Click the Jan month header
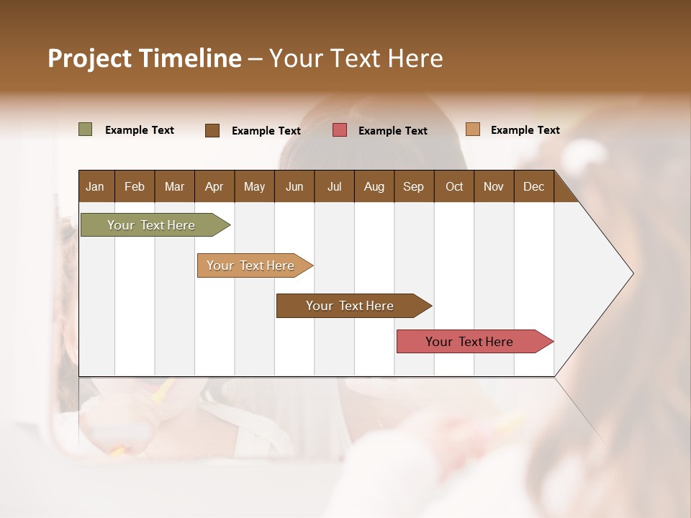(x=96, y=186)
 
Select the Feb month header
(x=135, y=186)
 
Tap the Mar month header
(x=174, y=186)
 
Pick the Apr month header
(x=214, y=186)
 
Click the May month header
(x=254, y=186)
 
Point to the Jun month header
(x=294, y=186)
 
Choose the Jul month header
(x=334, y=186)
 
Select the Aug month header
(x=374, y=186)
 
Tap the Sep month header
(x=414, y=186)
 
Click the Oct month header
(x=454, y=186)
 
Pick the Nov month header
(x=494, y=186)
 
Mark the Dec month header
(x=534, y=186)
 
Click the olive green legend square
(x=85, y=129)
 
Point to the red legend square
(x=340, y=130)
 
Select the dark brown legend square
(x=212, y=130)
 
